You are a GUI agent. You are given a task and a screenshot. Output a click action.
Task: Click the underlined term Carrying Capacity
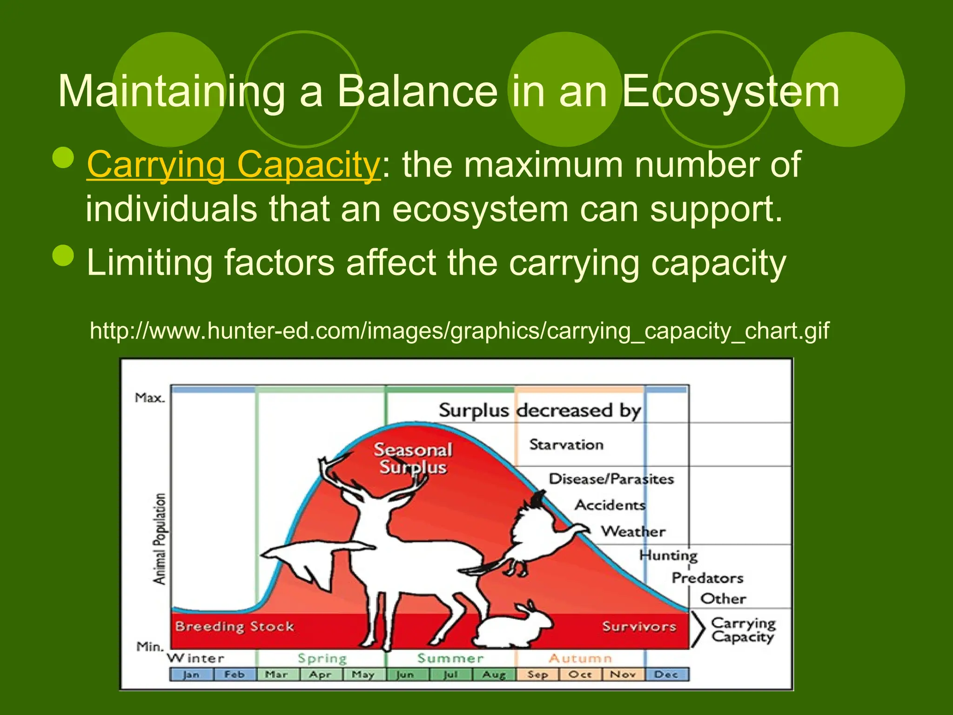(x=234, y=165)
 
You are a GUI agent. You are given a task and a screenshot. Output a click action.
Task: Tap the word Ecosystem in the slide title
(x=731, y=91)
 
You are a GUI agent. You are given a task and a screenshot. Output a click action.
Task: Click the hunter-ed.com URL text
(x=459, y=331)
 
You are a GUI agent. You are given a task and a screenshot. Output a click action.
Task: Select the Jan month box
(x=191, y=675)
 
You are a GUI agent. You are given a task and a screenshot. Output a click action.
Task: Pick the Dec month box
(x=666, y=675)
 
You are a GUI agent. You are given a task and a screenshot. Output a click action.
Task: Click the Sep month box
(x=537, y=675)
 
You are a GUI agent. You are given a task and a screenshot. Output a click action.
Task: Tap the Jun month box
(x=405, y=675)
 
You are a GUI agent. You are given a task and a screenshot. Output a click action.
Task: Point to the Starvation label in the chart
(x=566, y=445)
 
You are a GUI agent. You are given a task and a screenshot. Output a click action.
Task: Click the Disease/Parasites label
(x=611, y=479)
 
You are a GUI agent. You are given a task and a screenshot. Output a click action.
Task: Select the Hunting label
(x=668, y=555)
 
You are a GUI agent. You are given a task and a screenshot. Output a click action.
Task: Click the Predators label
(x=707, y=578)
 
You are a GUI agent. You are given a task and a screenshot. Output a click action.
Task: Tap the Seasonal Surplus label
(x=413, y=459)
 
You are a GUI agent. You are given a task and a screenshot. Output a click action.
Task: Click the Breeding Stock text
(x=235, y=627)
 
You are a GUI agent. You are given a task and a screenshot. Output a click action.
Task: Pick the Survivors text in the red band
(x=639, y=627)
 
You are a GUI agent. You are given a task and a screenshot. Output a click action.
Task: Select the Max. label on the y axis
(x=149, y=398)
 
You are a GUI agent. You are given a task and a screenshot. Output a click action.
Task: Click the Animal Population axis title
(x=160, y=539)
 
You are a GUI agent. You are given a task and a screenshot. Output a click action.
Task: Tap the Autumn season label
(x=580, y=658)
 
